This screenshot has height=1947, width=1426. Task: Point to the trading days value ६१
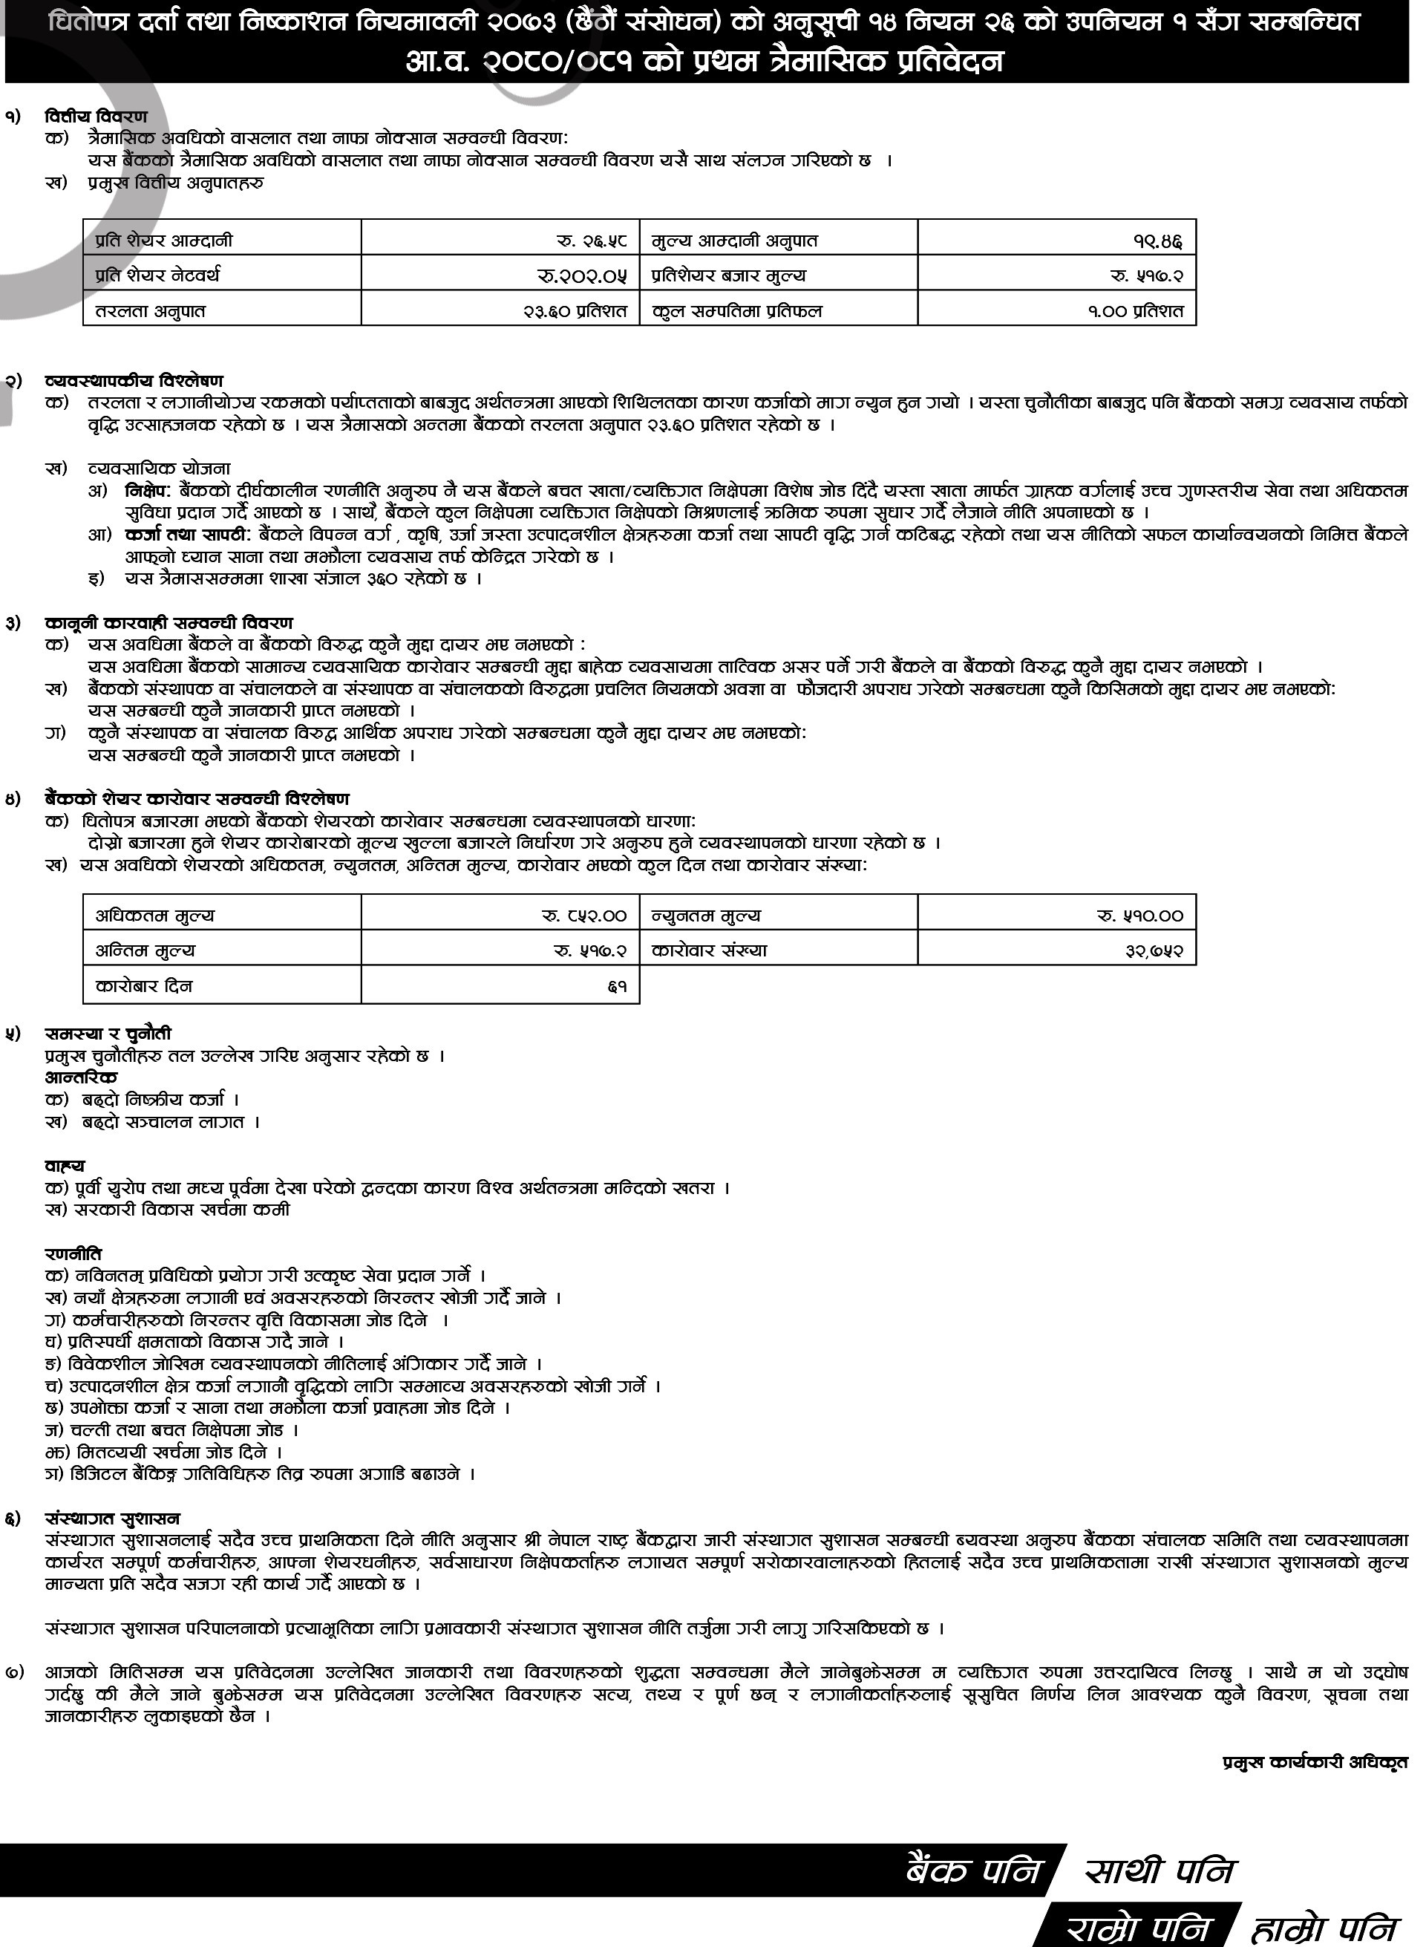(x=616, y=986)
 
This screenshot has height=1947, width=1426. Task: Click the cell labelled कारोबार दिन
(x=144, y=986)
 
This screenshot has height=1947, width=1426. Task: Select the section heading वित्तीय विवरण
(x=96, y=117)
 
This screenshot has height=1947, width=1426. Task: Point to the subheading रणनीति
(x=73, y=1253)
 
